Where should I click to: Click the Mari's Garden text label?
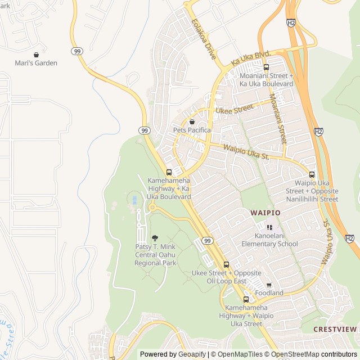click(36, 63)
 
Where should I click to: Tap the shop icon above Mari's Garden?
click(36, 55)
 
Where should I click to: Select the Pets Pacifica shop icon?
click(192, 121)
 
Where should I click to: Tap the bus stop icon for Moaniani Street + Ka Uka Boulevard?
click(266, 67)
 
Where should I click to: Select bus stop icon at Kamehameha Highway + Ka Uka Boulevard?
click(169, 172)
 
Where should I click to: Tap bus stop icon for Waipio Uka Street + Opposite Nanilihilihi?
click(312, 174)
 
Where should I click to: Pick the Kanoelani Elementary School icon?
click(269, 228)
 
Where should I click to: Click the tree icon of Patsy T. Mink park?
click(155, 238)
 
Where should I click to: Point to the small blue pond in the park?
click(133, 199)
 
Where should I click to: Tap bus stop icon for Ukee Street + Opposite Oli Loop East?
click(226, 264)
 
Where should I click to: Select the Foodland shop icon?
click(269, 285)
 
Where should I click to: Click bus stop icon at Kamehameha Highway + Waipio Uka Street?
click(246, 299)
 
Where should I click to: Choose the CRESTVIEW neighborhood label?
click(336, 329)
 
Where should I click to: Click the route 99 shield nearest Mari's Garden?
click(76, 51)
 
